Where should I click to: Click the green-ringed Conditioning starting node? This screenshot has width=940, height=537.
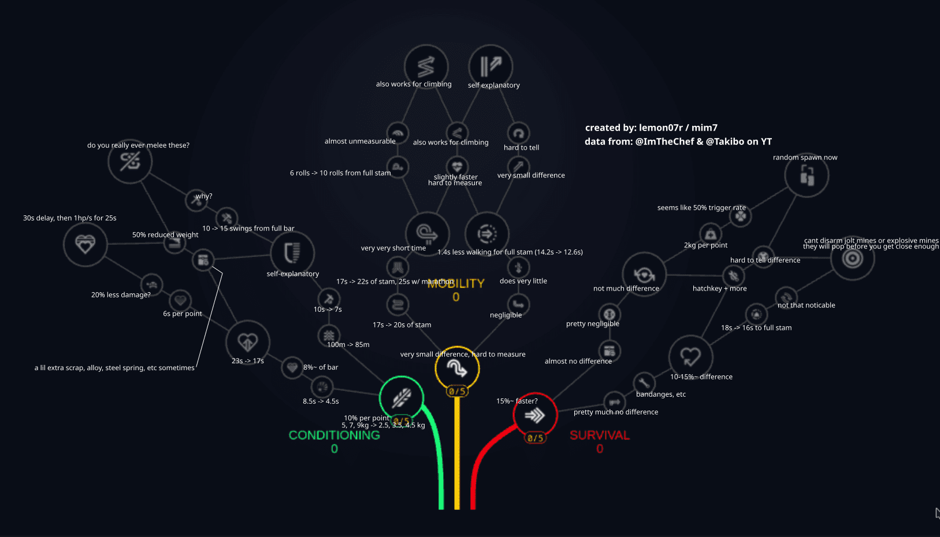point(402,398)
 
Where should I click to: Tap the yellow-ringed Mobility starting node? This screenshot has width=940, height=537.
point(457,367)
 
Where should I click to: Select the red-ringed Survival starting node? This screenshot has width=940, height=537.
point(535,415)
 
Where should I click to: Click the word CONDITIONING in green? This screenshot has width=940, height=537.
point(334,435)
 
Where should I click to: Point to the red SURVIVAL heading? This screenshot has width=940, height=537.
point(599,435)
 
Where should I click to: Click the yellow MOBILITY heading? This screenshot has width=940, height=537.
point(456,284)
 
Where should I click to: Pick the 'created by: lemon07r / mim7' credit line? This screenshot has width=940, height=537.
point(651,128)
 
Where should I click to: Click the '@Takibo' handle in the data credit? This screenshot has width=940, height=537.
point(725,141)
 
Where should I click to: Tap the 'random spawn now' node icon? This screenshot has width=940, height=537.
point(807,175)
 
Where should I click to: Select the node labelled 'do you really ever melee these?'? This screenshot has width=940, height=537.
point(130,162)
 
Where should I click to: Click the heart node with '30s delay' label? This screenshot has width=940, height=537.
point(85,244)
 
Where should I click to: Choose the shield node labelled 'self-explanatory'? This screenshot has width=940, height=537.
point(292,252)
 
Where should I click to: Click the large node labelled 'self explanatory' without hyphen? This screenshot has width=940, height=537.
point(491,66)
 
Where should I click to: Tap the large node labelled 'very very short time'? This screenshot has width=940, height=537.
point(428,233)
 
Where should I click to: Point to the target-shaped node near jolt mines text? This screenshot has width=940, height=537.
point(852,258)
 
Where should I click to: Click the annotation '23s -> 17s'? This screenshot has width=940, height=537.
point(248,361)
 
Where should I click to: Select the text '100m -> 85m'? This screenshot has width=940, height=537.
point(348,345)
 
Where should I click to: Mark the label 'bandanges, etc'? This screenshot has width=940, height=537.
point(661,394)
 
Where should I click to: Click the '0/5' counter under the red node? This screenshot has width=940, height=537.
point(535,438)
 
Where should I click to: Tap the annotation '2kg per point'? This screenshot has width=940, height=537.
point(705,245)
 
